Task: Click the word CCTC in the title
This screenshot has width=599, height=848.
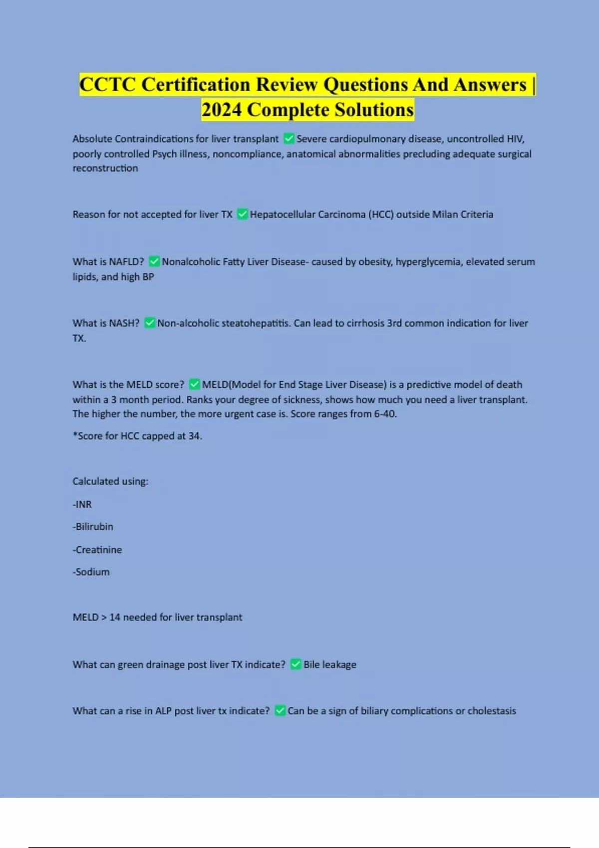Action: pyautogui.click(x=107, y=85)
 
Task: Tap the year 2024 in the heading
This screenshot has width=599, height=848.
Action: pyautogui.click(x=222, y=110)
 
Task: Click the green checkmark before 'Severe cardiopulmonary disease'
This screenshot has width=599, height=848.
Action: pyautogui.click(x=289, y=139)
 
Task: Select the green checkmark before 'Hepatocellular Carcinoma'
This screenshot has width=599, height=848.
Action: pyautogui.click(x=242, y=214)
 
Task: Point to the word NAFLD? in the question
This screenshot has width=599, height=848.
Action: pyautogui.click(x=126, y=262)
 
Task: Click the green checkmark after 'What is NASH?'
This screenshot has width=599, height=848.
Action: pyautogui.click(x=149, y=323)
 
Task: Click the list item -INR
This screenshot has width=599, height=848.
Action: pyautogui.click(x=82, y=504)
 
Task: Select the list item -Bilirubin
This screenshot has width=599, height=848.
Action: pyautogui.click(x=93, y=527)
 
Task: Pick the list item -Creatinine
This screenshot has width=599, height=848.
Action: pyautogui.click(x=97, y=550)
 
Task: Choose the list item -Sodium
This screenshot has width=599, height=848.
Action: pyautogui.click(x=91, y=572)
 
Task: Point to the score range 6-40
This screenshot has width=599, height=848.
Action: pyautogui.click(x=385, y=414)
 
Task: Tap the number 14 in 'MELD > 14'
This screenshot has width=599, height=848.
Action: pyautogui.click(x=115, y=618)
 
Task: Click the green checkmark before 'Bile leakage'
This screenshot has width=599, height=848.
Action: pyautogui.click(x=296, y=664)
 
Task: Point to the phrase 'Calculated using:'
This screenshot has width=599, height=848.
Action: pyautogui.click(x=110, y=481)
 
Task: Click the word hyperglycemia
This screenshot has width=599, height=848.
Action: pyautogui.click(x=428, y=262)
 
